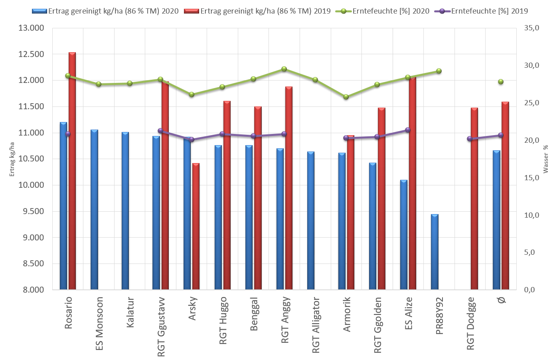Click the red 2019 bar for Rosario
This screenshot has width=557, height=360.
click(x=72, y=171)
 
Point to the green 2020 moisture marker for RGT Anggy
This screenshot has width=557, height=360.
click(x=284, y=69)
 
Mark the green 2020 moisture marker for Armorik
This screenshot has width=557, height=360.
click(x=346, y=97)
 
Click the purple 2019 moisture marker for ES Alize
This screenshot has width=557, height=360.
click(x=408, y=130)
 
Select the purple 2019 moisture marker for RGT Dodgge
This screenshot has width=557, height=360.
click(x=470, y=139)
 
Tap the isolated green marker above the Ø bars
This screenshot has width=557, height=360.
click(x=501, y=82)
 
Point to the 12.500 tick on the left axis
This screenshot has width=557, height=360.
click(x=31, y=54)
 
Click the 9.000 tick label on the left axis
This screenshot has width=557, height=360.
click(x=31, y=238)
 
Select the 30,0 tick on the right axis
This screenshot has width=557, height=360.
click(x=531, y=65)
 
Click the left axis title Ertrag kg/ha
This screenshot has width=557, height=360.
click(x=12, y=159)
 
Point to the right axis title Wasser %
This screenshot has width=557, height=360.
click(x=546, y=159)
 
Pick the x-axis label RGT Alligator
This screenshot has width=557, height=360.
click(x=316, y=325)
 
